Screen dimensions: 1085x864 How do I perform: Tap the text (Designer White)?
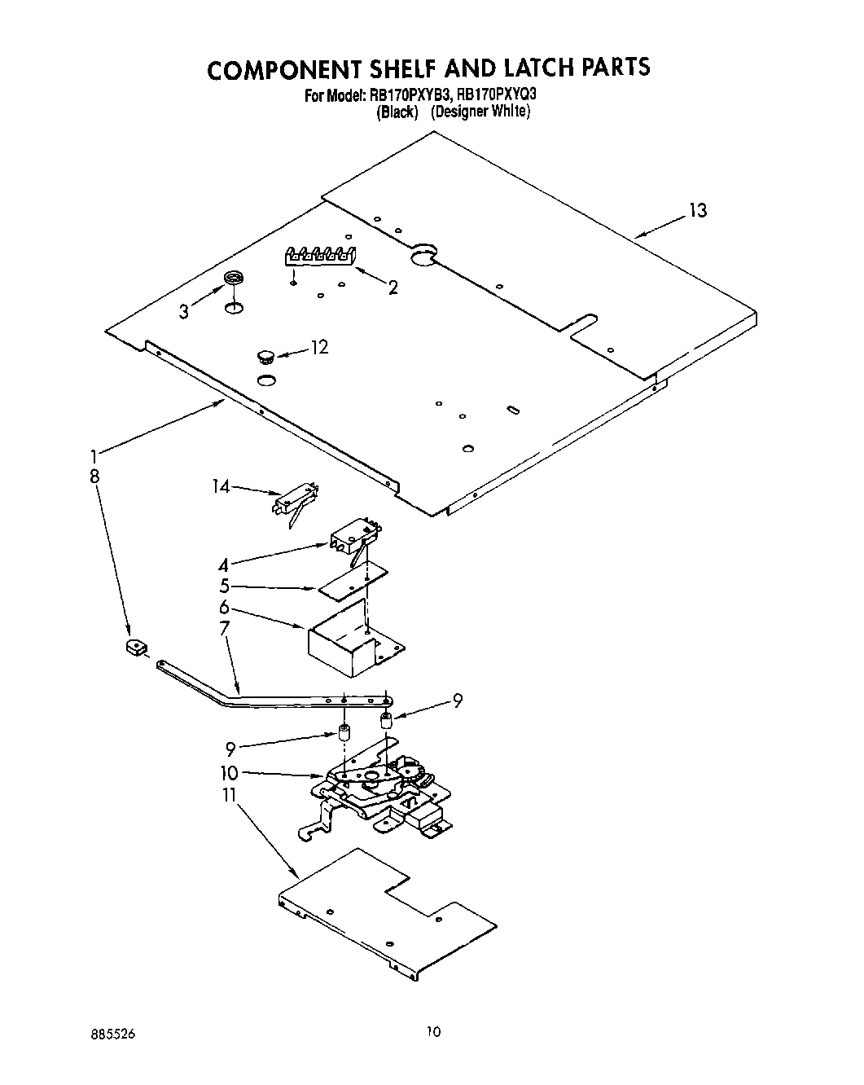point(480,112)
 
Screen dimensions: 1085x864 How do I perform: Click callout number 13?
point(697,211)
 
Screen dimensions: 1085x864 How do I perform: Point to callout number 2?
point(393,287)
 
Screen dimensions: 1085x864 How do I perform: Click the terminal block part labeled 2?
point(320,256)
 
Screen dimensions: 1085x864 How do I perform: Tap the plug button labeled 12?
point(265,355)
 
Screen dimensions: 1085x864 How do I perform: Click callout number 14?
point(221,486)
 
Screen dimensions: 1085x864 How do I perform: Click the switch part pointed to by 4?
point(356,537)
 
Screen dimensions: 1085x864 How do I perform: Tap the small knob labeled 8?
point(135,648)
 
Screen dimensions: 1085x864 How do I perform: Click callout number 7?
point(225,627)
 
